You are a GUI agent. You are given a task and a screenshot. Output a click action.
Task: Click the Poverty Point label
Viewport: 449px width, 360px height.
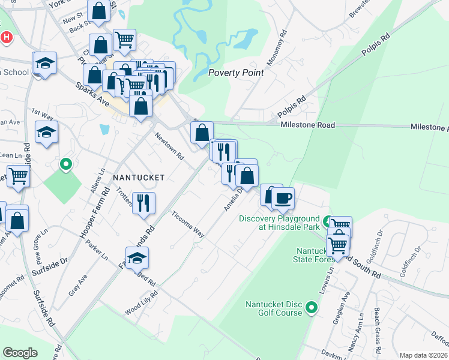[236, 73]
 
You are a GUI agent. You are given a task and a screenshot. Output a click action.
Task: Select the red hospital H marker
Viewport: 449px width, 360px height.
[7, 37]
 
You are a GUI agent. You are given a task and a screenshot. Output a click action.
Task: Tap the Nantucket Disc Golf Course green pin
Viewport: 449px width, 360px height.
[311, 308]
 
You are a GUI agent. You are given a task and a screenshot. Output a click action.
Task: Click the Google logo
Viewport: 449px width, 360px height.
[20, 352]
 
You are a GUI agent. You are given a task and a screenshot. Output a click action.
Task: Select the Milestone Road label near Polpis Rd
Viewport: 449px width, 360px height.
[308, 125]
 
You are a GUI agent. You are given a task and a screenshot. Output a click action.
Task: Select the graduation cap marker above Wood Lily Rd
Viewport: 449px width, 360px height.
[137, 257]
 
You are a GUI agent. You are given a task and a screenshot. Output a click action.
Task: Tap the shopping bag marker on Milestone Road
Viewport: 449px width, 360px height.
[202, 133]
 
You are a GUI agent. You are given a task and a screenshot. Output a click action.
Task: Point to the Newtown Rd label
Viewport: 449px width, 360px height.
[169, 146]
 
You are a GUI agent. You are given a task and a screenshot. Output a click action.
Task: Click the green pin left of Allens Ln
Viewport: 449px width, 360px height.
[67, 163]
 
